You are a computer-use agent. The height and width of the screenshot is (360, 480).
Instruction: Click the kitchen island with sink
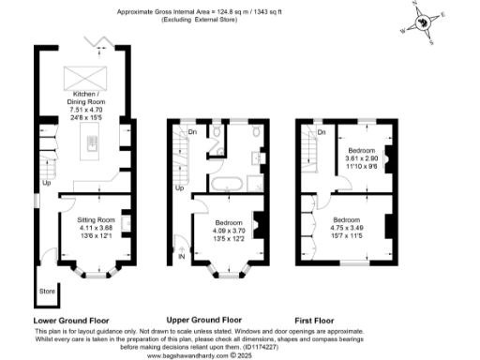(94, 142)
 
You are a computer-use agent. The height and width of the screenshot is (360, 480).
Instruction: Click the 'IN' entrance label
(182, 253)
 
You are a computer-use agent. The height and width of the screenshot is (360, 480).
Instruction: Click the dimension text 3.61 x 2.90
(361, 159)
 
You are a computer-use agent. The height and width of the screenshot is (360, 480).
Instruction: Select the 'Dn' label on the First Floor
(321, 132)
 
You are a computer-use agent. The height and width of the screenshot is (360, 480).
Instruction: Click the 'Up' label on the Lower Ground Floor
(45, 183)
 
